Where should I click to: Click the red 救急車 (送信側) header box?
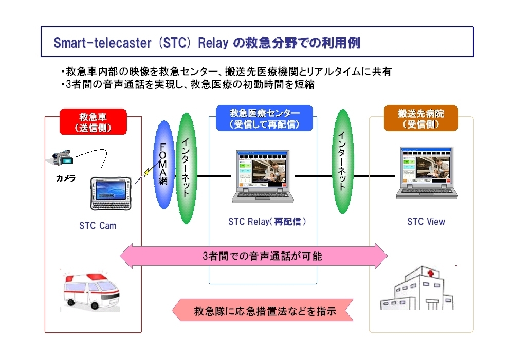[x=93, y=122]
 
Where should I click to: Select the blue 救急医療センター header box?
[x=264, y=118]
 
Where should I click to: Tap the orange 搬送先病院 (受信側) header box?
[x=421, y=118]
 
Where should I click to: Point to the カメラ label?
[x=66, y=178]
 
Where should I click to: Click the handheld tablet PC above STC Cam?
[x=111, y=193]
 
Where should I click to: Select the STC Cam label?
[x=98, y=226]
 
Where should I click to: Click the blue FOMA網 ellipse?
[x=163, y=165]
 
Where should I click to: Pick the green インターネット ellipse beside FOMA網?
[x=186, y=168]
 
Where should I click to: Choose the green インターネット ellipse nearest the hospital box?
[x=342, y=161]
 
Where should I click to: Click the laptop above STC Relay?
[x=263, y=177]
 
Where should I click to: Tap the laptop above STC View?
[x=427, y=173]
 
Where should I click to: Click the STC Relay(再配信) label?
[x=267, y=222]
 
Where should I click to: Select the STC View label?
[x=426, y=222]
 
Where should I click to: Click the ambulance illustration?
[x=90, y=291]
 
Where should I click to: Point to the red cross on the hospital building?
[x=430, y=273]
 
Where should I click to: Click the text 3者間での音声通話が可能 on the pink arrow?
[x=262, y=256]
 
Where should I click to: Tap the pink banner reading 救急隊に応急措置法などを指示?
[x=263, y=310]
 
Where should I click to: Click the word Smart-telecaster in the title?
[x=103, y=43]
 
